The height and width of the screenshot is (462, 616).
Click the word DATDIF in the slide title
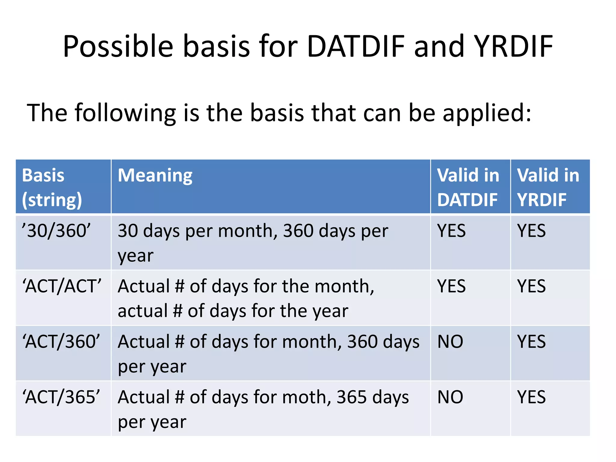[356, 46]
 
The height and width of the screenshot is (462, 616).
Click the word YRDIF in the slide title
[513, 46]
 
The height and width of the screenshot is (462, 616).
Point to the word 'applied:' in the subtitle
[487, 113]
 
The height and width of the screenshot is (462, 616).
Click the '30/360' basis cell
[56, 231]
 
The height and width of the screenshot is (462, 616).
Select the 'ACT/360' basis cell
[61, 342]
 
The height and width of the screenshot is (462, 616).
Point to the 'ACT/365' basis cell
[61, 397]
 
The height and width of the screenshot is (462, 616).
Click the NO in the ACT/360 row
[450, 342]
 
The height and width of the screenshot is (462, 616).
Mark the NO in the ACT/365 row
[450, 397]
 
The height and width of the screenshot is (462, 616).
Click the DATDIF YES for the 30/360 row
[451, 231]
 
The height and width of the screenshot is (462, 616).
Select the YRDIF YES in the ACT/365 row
[531, 397]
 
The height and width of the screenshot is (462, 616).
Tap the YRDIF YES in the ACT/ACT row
[531, 286]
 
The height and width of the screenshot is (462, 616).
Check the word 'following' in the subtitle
[125, 113]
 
